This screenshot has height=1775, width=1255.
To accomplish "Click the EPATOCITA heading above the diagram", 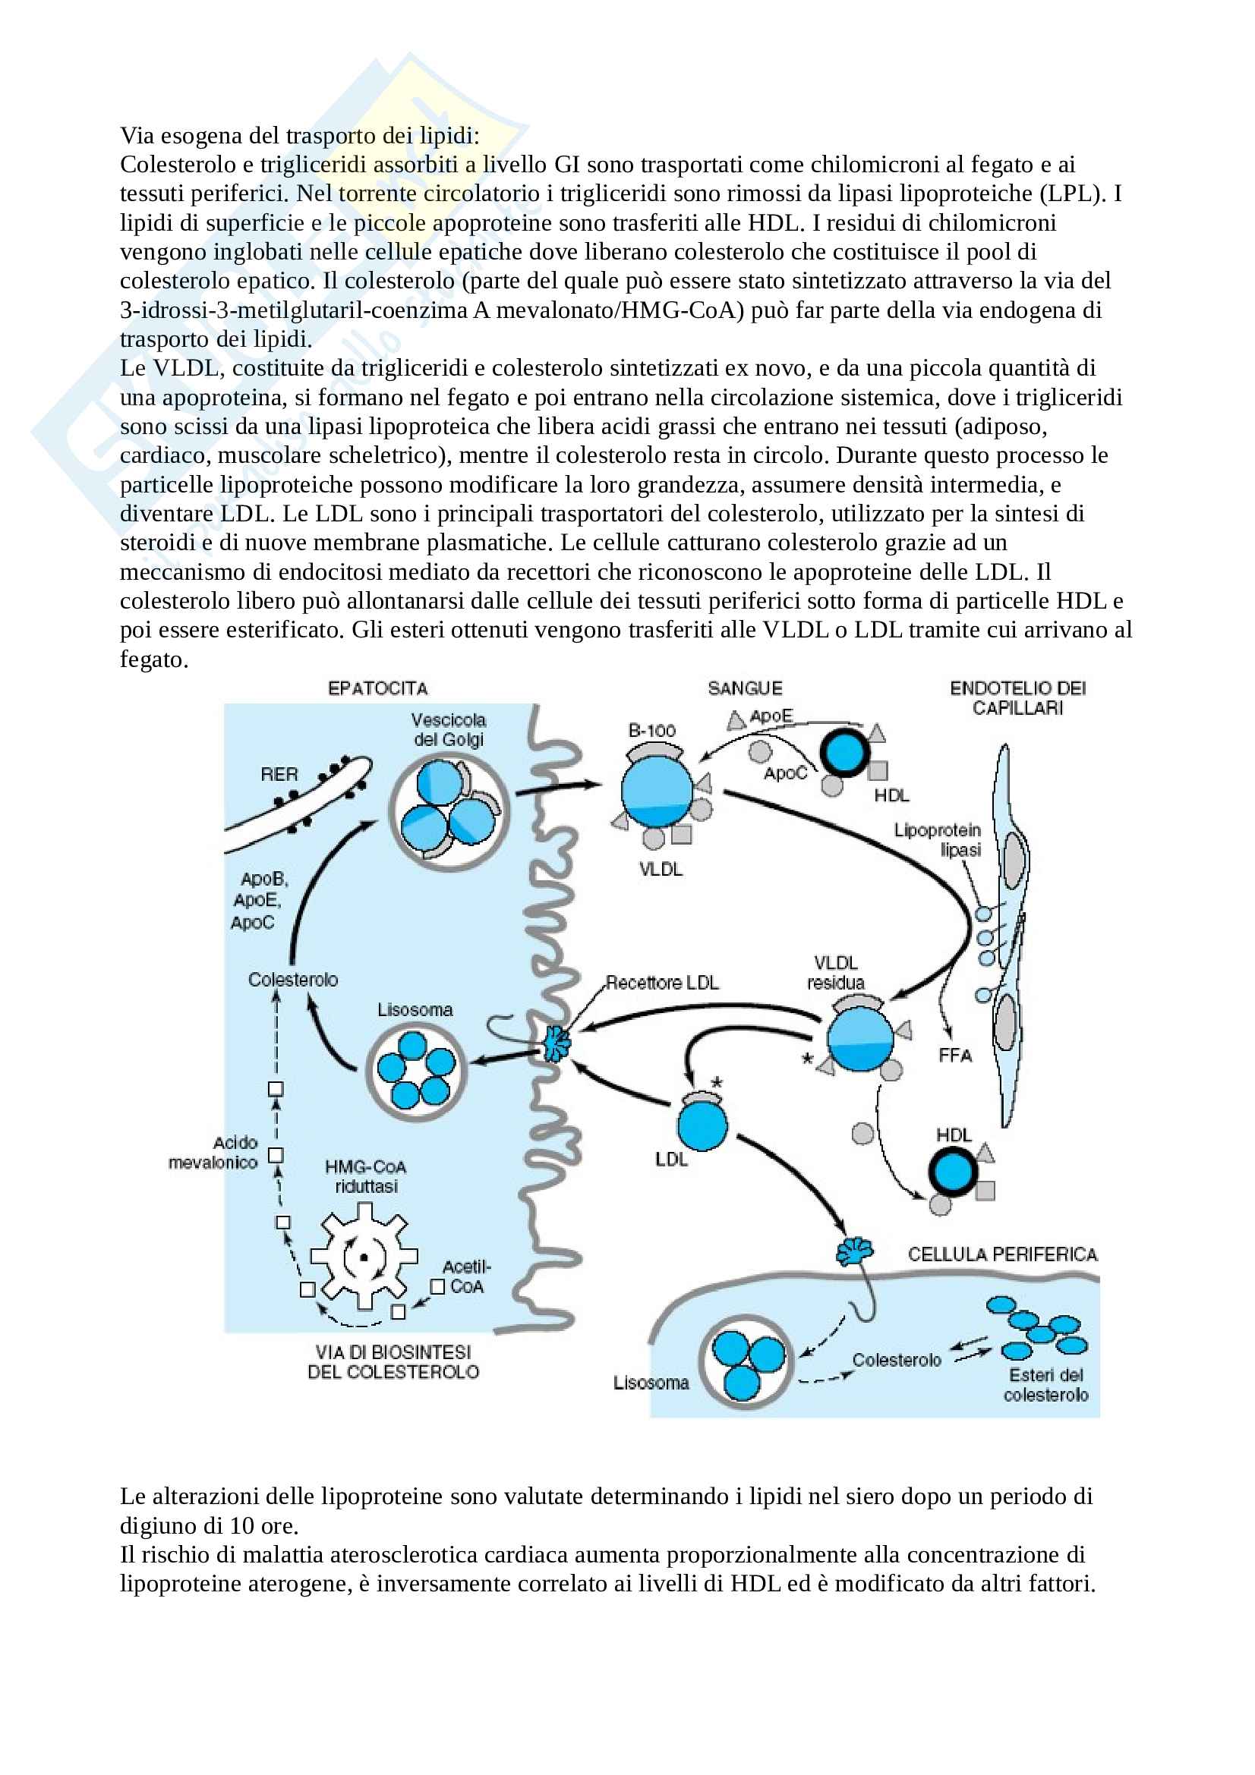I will tap(377, 688).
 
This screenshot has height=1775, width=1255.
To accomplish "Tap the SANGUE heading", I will tap(745, 688).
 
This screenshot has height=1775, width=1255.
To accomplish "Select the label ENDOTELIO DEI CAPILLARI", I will tap(1017, 697).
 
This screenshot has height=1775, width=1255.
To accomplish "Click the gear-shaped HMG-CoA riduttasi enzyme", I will tap(364, 1257).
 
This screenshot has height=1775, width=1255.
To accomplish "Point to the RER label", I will tap(279, 774).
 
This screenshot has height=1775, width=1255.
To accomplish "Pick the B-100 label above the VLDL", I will tap(652, 731).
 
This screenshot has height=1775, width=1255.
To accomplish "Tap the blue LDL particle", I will tap(702, 1126).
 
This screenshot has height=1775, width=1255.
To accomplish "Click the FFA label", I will tap(955, 1056).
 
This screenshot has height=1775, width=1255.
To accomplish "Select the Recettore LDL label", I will tap(662, 983).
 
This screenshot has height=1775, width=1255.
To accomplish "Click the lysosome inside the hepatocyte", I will tap(415, 1070).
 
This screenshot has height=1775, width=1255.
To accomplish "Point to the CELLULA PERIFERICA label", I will tap(1002, 1254).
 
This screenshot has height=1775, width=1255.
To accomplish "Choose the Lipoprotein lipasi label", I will tap(937, 839).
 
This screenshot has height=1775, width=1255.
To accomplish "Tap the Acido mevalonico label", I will tap(213, 1153).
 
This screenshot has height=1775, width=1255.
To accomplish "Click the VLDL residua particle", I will tap(860, 1038).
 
